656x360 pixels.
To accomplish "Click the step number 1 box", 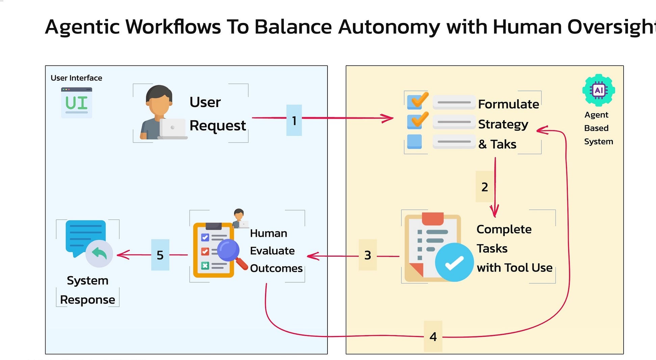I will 294,120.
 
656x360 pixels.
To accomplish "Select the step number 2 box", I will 484,187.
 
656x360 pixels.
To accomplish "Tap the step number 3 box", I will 367,255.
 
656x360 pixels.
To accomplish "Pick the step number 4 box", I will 433,336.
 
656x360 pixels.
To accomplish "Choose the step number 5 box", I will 160,255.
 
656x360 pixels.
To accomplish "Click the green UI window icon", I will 77,103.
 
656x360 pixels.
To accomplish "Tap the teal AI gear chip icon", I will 599,91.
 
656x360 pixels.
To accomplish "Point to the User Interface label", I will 76,78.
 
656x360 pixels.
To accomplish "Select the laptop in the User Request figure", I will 173,129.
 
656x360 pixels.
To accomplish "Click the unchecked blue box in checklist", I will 414,142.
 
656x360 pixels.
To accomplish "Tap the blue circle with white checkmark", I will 454,262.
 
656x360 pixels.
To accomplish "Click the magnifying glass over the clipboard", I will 229,251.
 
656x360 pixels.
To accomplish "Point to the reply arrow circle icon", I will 99,254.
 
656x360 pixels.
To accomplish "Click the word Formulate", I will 508,104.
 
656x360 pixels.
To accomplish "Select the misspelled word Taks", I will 503,144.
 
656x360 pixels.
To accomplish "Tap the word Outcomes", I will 276,268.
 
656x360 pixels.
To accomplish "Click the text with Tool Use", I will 514,267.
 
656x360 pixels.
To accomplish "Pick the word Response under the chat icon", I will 87,300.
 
